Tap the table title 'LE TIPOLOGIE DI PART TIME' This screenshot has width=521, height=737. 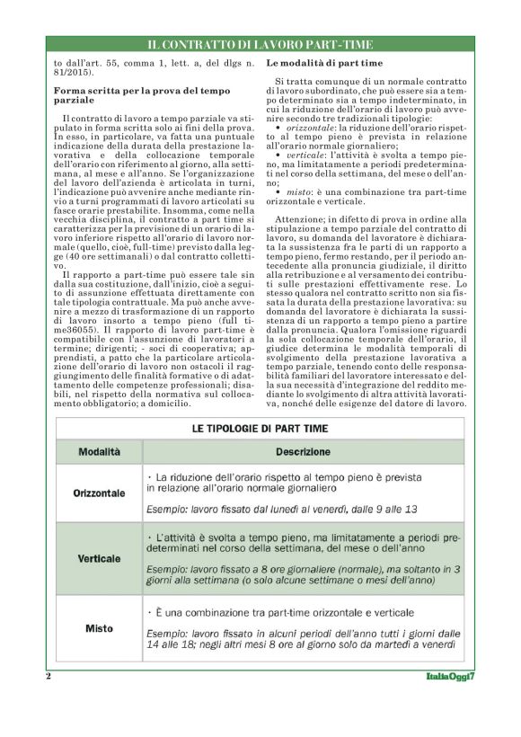pos(260,429)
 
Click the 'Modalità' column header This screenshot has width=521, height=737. pos(99,451)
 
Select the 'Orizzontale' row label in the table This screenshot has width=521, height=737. pos(99,493)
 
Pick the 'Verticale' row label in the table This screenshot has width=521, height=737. pos(99,558)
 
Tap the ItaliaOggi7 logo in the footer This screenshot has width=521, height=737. pos(449,676)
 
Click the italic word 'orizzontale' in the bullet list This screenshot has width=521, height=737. pos(311,128)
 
